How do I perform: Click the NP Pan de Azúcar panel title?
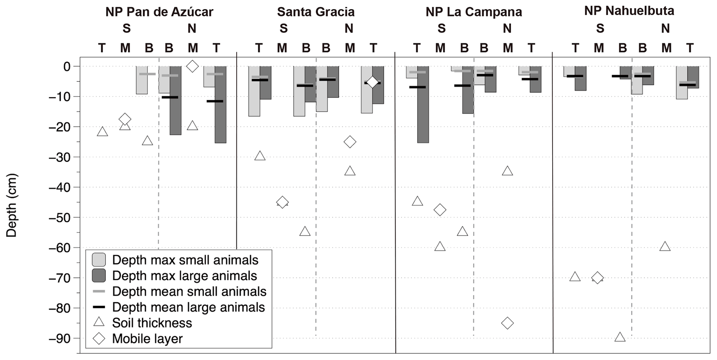point(159,12)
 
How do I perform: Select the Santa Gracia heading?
point(316,12)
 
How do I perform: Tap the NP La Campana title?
point(473,12)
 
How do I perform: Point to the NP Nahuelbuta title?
point(629,11)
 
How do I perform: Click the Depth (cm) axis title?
point(11,205)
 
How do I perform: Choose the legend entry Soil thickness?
point(152,323)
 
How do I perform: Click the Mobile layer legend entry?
point(147,338)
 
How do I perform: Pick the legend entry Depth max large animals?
point(184,276)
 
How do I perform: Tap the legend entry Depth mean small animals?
point(189,291)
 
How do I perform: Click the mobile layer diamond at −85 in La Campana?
point(507,323)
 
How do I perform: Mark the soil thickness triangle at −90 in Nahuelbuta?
point(620,337)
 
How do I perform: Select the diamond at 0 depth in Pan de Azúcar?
point(193,66)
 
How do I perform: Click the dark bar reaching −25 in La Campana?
point(423,104)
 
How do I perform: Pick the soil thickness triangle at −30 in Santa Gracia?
point(260,156)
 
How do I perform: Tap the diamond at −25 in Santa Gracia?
point(350,142)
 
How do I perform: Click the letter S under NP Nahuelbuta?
point(600,28)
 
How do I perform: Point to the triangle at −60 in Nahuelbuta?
point(665,247)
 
